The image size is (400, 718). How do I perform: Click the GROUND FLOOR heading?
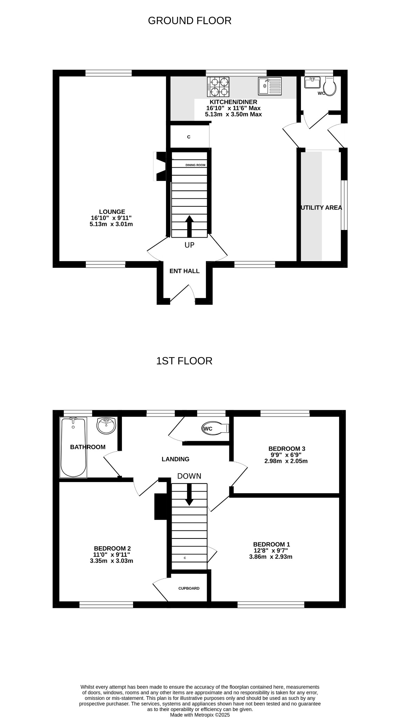(x=189, y=21)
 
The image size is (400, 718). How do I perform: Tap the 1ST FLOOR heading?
(x=184, y=361)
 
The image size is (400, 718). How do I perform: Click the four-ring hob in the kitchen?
(x=219, y=87)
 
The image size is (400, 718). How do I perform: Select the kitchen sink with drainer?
(x=270, y=86)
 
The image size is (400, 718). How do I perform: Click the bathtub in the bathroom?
(x=73, y=447)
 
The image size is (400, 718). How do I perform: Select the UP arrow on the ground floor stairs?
(x=189, y=227)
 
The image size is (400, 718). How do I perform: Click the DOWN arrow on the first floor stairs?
(x=189, y=494)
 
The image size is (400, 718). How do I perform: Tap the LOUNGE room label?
(x=112, y=212)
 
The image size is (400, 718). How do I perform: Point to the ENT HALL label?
(x=185, y=271)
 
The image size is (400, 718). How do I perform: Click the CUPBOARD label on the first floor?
(x=189, y=588)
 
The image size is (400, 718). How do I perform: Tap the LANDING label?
(x=175, y=459)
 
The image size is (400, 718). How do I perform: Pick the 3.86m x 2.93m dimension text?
(x=271, y=557)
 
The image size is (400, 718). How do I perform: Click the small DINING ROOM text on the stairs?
(x=195, y=165)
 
